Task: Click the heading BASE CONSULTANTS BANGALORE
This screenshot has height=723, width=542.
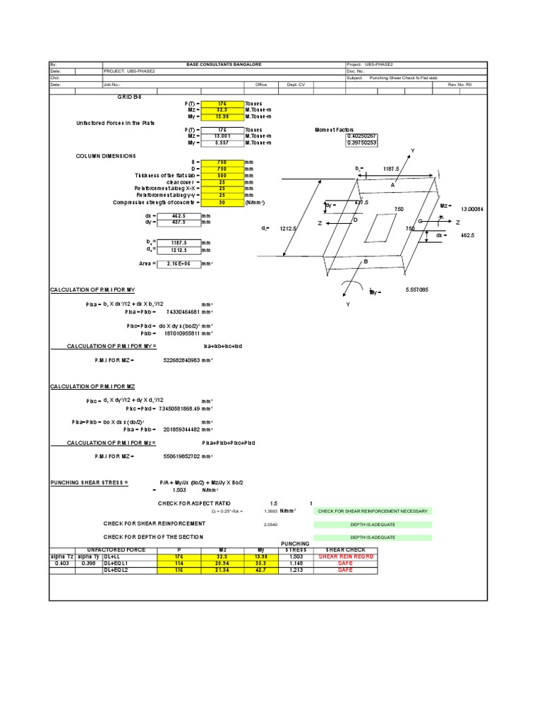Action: [223, 64]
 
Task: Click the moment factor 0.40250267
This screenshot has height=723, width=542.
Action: [361, 136]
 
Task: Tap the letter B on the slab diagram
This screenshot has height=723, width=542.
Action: [366, 261]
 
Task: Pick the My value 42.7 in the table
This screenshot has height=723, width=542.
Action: [260, 569]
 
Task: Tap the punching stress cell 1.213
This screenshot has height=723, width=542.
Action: [296, 569]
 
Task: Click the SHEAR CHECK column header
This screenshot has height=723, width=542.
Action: [344, 550]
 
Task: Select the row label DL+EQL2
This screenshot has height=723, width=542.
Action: [116, 569]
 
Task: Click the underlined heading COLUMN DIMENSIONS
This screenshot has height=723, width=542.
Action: [106, 156]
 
